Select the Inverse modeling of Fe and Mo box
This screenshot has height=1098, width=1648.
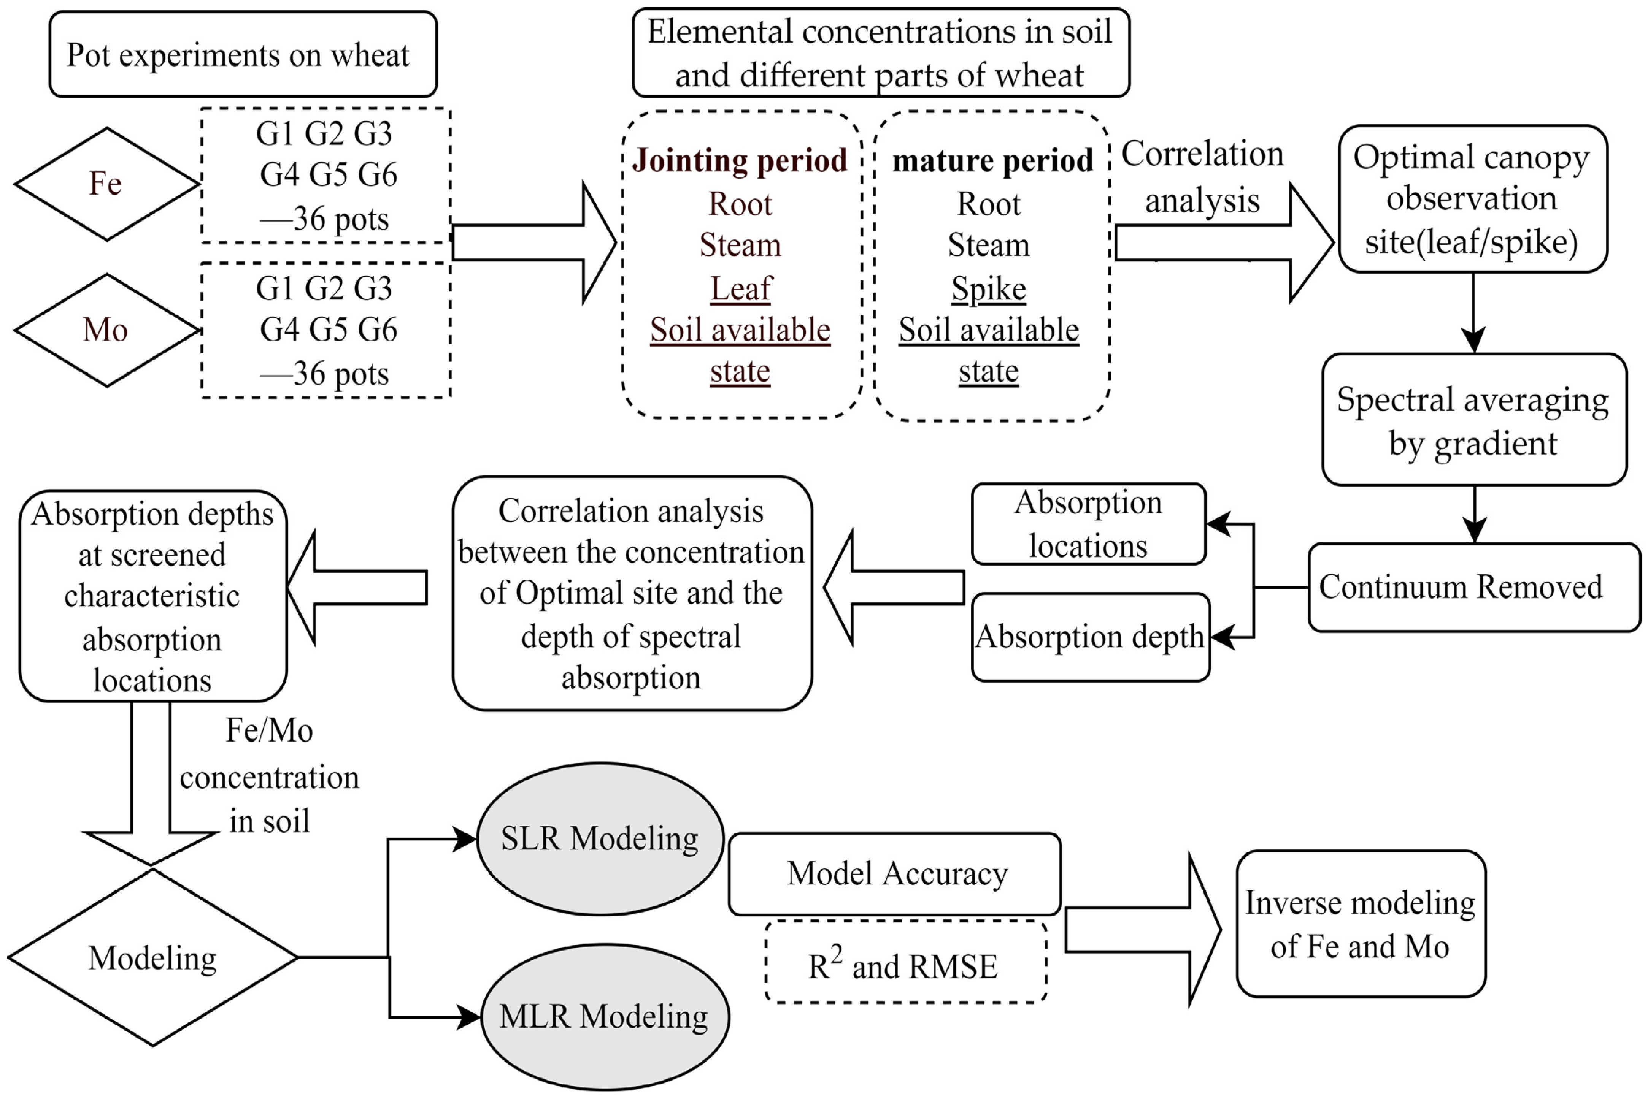coord(1360,924)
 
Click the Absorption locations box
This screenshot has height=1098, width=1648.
coord(1088,524)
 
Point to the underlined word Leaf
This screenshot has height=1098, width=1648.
coord(740,288)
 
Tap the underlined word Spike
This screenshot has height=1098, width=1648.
coord(988,288)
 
